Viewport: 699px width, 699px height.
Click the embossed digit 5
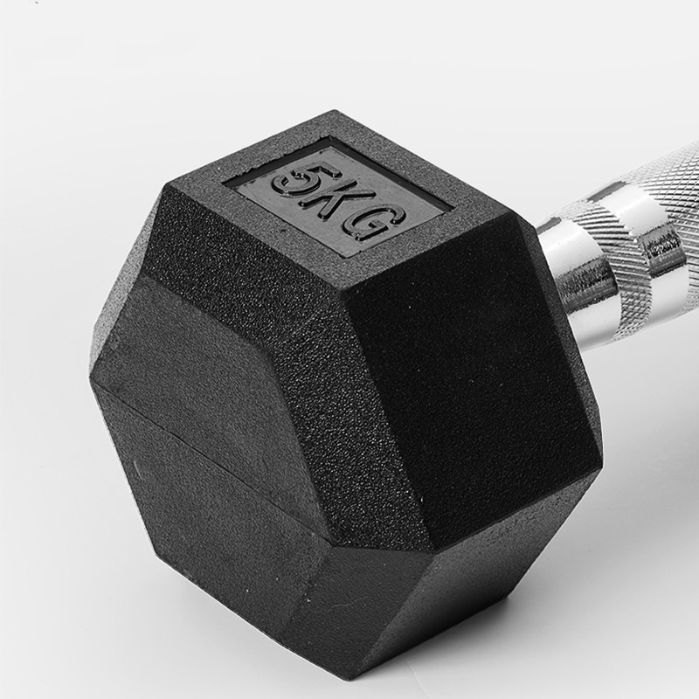click(x=300, y=180)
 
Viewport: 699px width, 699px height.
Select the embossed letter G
click(x=377, y=225)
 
